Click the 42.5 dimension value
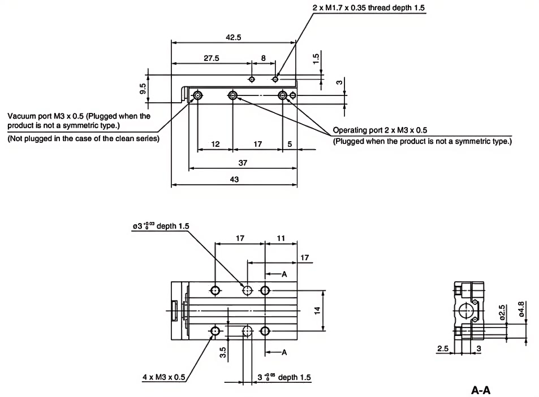pyautogui.click(x=233, y=37)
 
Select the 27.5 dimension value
pyautogui.click(x=212, y=58)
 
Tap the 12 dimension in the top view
pyautogui.click(x=215, y=144)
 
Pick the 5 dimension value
pyautogui.click(x=290, y=144)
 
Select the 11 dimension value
pyautogui.click(x=281, y=239)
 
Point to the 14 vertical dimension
pyautogui.click(x=318, y=310)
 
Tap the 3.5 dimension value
pyautogui.click(x=223, y=352)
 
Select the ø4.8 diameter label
pyautogui.click(x=521, y=308)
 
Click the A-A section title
pyautogui.click(x=481, y=390)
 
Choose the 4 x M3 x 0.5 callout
pyautogui.click(x=164, y=377)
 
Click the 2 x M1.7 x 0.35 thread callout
pyautogui.click(x=368, y=8)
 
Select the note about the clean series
pyautogui.click(x=83, y=138)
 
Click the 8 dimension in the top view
pyautogui.click(x=263, y=58)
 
